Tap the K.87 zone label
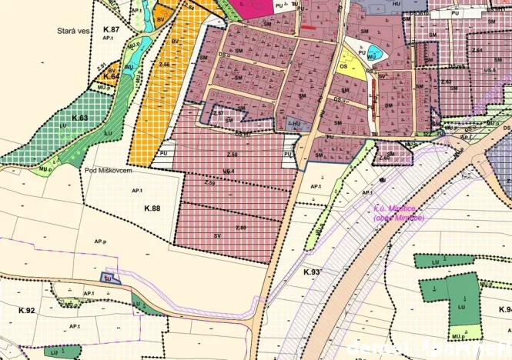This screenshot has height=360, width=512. click(112, 28)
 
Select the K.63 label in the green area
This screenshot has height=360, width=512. click(81, 118)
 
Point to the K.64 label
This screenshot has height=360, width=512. click(111, 77)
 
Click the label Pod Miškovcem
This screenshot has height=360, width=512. click(105, 171)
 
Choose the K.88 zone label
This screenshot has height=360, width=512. click(152, 208)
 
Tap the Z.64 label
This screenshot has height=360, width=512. click(477, 51)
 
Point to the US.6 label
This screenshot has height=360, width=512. click(490, 69)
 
